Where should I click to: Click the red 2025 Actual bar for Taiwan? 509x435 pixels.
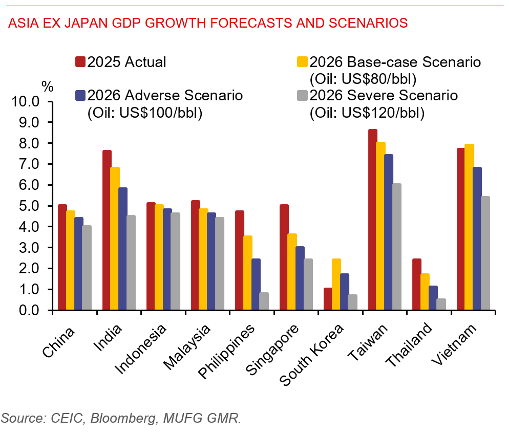point(373,219)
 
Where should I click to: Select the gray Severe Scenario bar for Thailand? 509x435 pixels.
point(441,304)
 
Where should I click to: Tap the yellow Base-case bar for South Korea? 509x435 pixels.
point(336,284)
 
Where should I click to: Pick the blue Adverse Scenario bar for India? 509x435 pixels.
point(123,249)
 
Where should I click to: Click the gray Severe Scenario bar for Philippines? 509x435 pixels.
point(264,301)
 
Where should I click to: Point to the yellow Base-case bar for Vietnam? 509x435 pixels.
point(469,227)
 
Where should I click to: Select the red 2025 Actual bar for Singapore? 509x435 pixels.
point(284,257)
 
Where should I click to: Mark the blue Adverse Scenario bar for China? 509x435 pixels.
point(79,264)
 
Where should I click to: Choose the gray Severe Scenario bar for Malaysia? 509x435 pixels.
point(220,264)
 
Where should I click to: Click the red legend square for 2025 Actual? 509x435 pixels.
point(80,61)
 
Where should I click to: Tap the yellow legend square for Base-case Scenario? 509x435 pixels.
point(302,61)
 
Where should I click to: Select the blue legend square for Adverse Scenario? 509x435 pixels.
point(80,95)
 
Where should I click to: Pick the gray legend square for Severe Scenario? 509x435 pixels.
point(302,95)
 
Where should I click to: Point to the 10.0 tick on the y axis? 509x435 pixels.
point(50,101)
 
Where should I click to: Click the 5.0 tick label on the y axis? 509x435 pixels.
point(29,206)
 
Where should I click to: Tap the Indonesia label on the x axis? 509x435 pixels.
point(141,349)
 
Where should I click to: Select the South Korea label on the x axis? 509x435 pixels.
point(311,355)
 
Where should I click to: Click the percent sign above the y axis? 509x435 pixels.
point(48,86)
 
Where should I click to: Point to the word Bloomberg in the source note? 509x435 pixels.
point(124,418)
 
